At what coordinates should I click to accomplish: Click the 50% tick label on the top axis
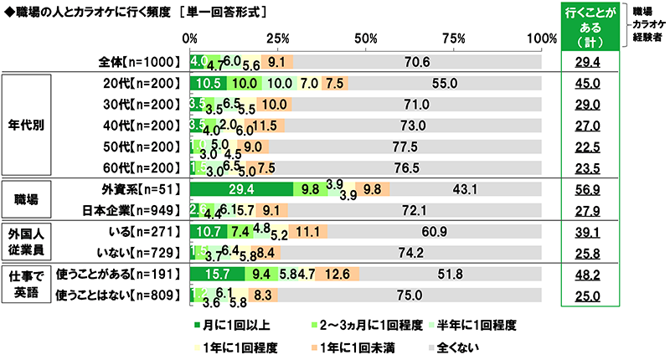tap(366, 39)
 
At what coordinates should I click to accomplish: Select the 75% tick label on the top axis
tap(455, 39)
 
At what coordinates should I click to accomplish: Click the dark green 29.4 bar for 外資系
tap(241, 188)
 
